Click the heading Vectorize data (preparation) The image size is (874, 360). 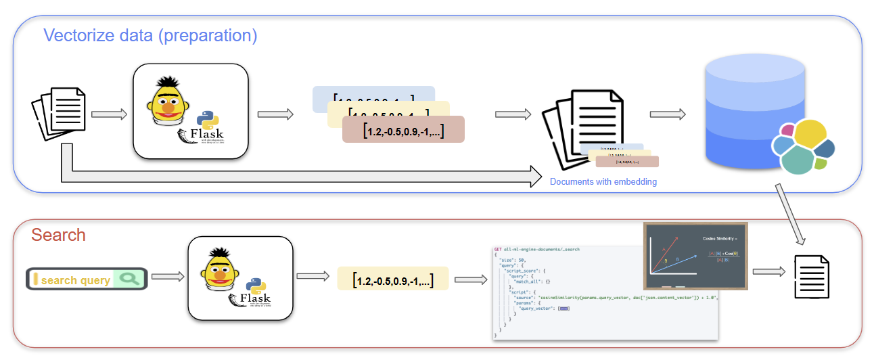(150, 35)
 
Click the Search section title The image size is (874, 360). (58, 235)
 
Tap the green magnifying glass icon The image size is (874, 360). (129, 279)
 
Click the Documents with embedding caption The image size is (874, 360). (603, 181)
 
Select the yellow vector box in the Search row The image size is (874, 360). (393, 278)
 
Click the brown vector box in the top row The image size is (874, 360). (403, 131)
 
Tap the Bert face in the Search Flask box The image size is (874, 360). (221, 267)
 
